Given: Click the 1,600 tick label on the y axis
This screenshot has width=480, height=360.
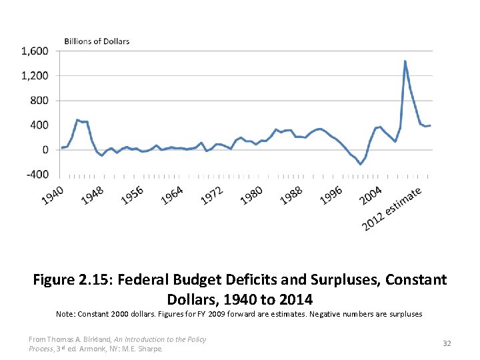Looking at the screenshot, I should (x=34, y=51).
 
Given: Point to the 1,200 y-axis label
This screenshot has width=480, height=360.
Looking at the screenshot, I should (x=34, y=76).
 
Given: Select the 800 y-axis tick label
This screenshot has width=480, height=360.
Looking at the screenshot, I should (x=39, y=101).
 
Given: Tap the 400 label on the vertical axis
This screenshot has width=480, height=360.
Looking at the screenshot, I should (x=39, y=125).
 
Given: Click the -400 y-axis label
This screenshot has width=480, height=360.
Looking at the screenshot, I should (x=37, y=175).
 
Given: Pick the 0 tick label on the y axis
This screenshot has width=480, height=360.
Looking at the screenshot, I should (x=45, y=150).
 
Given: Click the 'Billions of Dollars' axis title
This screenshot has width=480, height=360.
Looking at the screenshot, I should (x=97, y=41).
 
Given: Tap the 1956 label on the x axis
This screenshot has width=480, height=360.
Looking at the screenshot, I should (x=133, y=195).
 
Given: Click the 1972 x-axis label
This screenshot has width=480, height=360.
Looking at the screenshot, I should (x=212, y=195).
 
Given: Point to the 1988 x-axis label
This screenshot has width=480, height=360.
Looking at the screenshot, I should (x=292, y=195).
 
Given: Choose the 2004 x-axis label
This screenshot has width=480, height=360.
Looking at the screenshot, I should (x=371, y=195).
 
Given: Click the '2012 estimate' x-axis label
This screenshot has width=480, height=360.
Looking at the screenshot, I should (x=393, y=209).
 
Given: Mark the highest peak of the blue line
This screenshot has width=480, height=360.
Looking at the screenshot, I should (x=405, y=61).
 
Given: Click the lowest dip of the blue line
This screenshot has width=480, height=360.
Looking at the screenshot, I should (x=361, y=164).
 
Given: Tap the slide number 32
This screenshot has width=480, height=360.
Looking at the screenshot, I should (x=447, y=343).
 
